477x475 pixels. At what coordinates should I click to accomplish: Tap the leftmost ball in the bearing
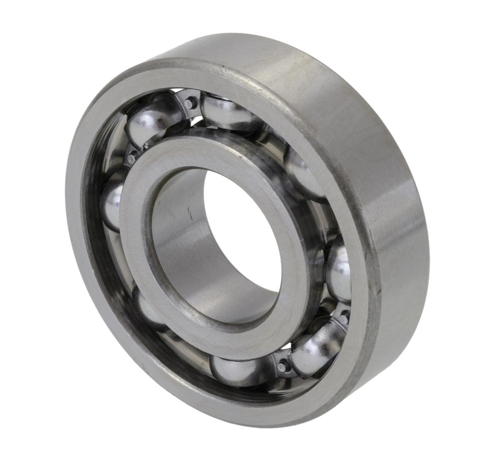[112, 207]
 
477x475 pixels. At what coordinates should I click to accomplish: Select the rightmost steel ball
[339, 268]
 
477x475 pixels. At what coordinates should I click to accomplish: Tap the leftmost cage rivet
[132, 158]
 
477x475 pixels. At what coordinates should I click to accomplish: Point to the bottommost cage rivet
[283, 366]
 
